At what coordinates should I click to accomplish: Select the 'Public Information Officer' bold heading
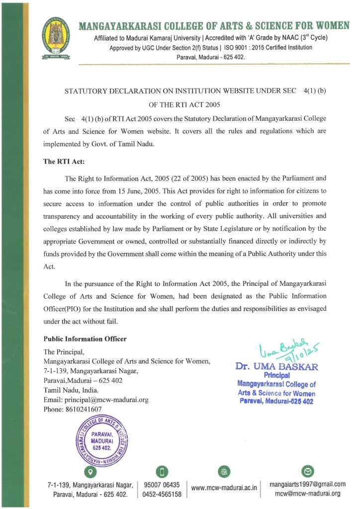tap(85, 339)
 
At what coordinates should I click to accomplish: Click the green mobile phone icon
tap(162, 471)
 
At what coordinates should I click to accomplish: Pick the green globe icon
tap(224, 471)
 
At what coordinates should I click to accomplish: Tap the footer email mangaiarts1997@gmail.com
tap(307, 484)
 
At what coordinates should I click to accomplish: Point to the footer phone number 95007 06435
tap(162, 485)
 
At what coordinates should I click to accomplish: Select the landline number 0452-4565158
tap(162, 494)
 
